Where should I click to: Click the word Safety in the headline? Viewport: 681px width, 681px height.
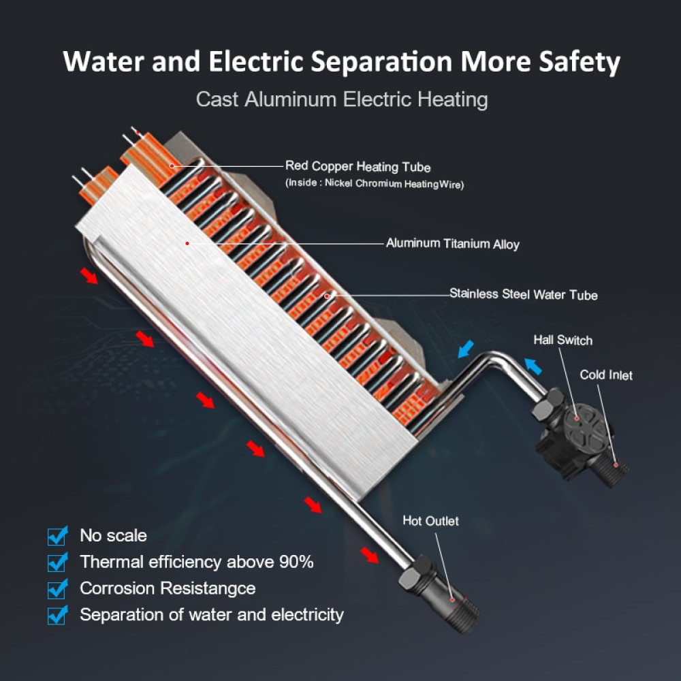click(580, 62)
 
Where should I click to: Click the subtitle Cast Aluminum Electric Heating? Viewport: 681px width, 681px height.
click(342, 99)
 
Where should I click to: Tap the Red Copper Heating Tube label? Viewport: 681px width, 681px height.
click(358, 166)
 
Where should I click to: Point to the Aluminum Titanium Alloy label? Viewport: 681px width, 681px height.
click(453, 243)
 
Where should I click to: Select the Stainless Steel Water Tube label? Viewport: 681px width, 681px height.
click(523, 294)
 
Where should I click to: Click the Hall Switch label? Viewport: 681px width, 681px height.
click(563, 340)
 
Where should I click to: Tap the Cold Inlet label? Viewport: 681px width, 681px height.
click(606, 375)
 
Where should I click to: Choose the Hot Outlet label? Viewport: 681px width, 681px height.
click(430, 521)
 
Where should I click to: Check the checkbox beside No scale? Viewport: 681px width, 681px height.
click(58, 535)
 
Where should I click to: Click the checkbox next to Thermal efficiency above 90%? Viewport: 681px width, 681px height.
click(58, 562)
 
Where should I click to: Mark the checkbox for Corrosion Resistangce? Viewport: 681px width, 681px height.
click(58, 588)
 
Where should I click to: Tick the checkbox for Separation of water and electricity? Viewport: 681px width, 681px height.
click(58, 615)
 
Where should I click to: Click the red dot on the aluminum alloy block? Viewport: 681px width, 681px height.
click(187, 243)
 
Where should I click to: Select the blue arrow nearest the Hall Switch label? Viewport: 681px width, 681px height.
click(533, 366)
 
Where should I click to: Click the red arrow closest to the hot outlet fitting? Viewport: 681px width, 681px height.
click(370, 555)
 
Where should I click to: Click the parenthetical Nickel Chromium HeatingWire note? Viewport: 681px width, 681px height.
click(375, 184)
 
